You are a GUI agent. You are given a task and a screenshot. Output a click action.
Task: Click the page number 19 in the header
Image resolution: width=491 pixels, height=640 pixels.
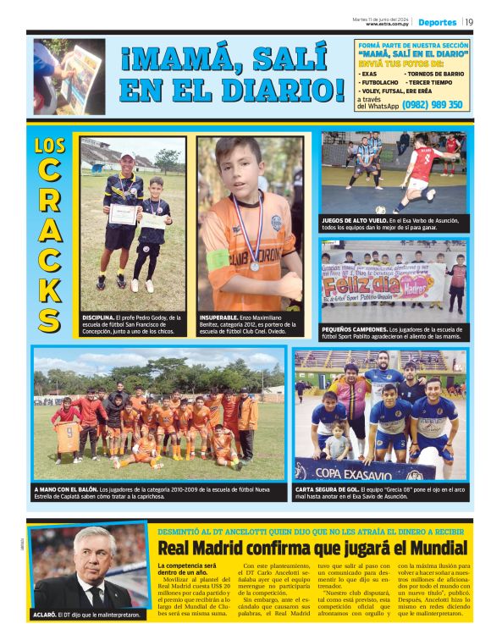(469, 22)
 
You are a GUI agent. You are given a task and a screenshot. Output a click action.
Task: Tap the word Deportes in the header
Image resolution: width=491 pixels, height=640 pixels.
(437, 22)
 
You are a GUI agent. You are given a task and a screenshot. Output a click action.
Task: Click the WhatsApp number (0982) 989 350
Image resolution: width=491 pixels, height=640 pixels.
(433, 105)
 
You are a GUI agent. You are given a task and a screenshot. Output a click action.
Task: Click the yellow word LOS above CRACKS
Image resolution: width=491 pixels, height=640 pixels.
(50, 145)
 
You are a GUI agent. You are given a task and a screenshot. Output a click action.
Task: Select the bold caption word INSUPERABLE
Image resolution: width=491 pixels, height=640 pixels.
(223, 317)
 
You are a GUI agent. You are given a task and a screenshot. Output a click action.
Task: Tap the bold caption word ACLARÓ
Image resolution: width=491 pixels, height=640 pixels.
(47, 615)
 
